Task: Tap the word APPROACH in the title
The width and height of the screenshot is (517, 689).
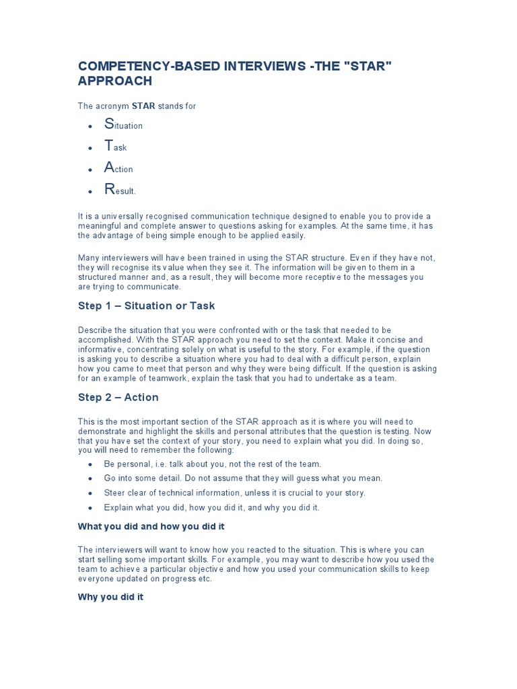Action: [115, 81]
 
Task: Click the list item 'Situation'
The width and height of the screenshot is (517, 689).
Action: [123, 124]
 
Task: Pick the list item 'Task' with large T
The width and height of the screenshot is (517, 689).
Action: [115, 147]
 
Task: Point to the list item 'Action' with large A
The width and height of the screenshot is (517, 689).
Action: [118, 169]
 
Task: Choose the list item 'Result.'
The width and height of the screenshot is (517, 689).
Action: [120, 190]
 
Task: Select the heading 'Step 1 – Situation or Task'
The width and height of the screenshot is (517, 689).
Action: [146, 306]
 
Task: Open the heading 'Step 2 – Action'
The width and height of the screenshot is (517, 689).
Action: [118, 398]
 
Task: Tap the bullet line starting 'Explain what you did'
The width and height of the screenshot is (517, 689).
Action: [211, 507]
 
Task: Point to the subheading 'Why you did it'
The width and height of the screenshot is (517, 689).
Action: [111, 597]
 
